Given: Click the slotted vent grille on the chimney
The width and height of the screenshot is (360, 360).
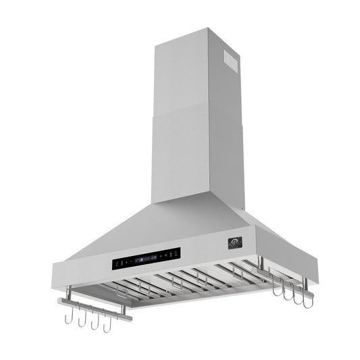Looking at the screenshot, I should [231, 61].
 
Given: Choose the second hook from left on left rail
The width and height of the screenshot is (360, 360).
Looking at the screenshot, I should [82, 319].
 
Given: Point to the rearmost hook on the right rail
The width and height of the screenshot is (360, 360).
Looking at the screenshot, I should [276, 287].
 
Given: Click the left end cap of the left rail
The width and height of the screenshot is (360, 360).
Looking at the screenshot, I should [60, 301].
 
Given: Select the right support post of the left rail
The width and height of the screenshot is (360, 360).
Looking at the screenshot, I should [123, 309].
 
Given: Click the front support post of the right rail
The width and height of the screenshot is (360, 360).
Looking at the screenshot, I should [305, 284].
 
